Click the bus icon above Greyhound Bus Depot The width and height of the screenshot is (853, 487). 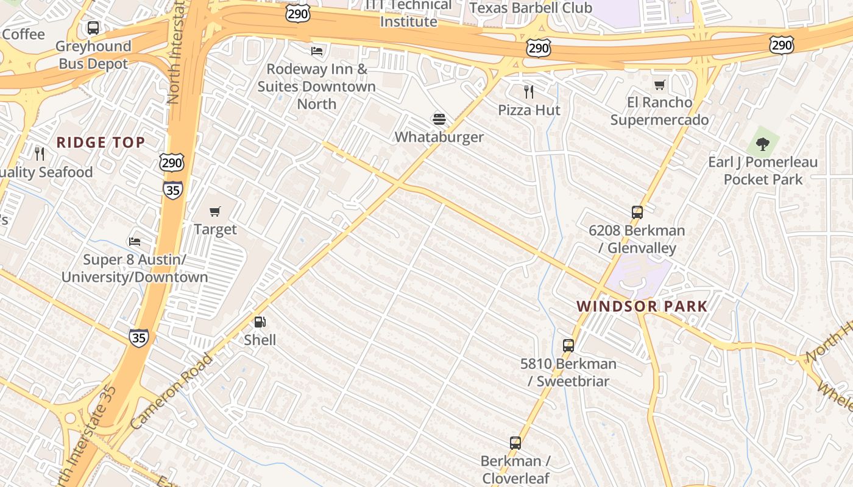point(93,28)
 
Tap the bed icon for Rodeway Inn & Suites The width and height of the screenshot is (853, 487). point(317,51)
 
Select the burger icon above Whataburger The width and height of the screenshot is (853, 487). point(439,119)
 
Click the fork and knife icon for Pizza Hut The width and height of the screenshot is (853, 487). point(529,92)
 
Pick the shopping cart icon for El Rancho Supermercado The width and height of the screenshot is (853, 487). point(659,85)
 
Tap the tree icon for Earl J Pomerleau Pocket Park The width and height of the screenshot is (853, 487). point(762,144)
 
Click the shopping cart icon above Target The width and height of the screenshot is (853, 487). point(214,211)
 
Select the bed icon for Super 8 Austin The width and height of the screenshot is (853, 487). point(135,242)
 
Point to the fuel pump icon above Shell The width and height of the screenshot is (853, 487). point(260,322)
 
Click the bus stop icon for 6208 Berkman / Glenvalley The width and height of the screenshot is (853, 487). point(637,212)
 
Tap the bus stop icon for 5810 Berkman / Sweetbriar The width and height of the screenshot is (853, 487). point(568,346)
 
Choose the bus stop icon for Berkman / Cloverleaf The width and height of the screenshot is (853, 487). point(515,443)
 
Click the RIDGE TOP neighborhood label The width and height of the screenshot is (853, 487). point(101,142)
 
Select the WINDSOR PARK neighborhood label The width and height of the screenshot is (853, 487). point(642,306)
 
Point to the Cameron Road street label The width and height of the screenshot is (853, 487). point(171,390)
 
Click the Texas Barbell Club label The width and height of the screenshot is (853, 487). point(531,8)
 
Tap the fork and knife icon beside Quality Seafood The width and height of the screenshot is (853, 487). point(40,153)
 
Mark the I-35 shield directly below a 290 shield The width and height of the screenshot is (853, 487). point(172,189)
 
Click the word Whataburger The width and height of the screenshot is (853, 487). point(439,137)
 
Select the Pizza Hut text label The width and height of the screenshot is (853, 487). point(529,110)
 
